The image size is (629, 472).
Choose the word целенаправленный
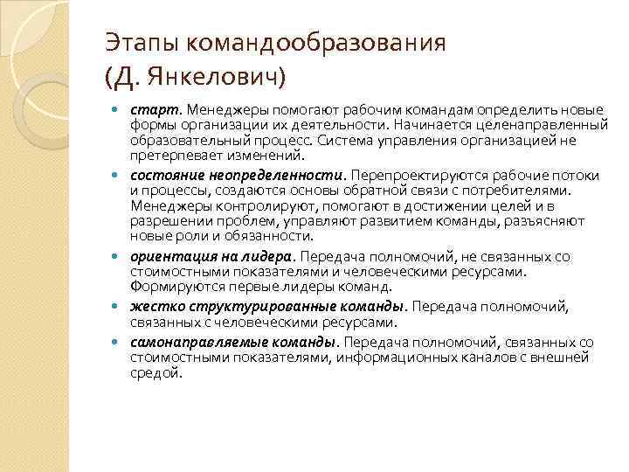pos(551,125)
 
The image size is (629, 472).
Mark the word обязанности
pos(261,235)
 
